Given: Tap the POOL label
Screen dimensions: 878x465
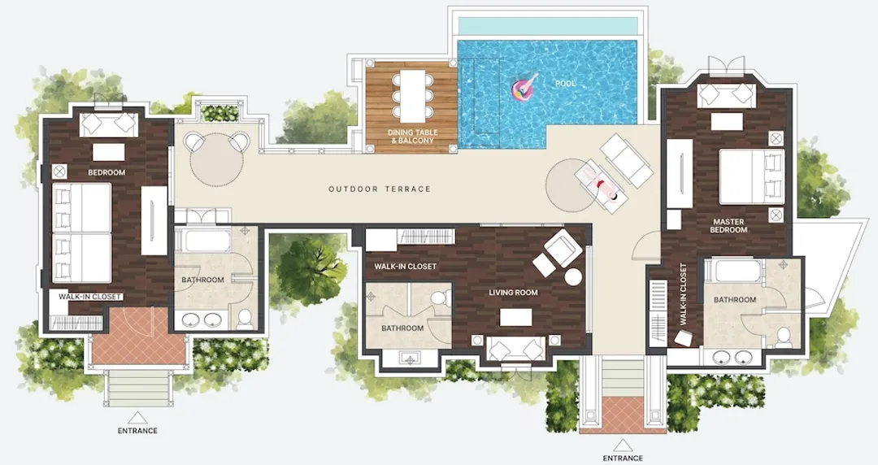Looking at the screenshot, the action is pyautogui.click(x=566, y=84).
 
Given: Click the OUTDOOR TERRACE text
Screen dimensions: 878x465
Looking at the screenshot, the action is pyautogui.click(x=380, y=189).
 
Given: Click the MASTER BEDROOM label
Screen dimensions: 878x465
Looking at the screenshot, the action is pyautogui.click(x=728, y=226).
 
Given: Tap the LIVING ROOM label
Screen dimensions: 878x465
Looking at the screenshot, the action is pyautogui.click(x=513, y=293).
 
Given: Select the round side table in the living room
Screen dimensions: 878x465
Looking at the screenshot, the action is pyautogui.click(x=573, y=276).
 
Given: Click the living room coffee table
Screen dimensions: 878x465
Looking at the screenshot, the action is pyautogui.click(x=515, y=318).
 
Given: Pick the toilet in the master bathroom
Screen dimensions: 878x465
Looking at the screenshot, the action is pyautogui.click(x=784, y=336).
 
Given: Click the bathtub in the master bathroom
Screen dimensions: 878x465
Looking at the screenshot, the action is pyautogui.click(x=735, y=270).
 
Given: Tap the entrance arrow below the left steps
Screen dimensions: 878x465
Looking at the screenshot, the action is pyautogui.click(x=137, y=417).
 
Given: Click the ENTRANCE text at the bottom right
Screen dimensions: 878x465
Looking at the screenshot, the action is pyautogui.click(x=623, y=458).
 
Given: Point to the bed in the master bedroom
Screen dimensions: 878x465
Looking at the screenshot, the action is pyautogui.click(x=751, y=176).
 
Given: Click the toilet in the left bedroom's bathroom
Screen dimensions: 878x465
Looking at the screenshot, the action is pyautogui.click(x=245, y=319).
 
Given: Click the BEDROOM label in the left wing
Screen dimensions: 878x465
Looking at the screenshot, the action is pyautogui.click(x=106, y=172).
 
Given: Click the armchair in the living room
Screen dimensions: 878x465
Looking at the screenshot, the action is pyautogui.click(x=562, y=246).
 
